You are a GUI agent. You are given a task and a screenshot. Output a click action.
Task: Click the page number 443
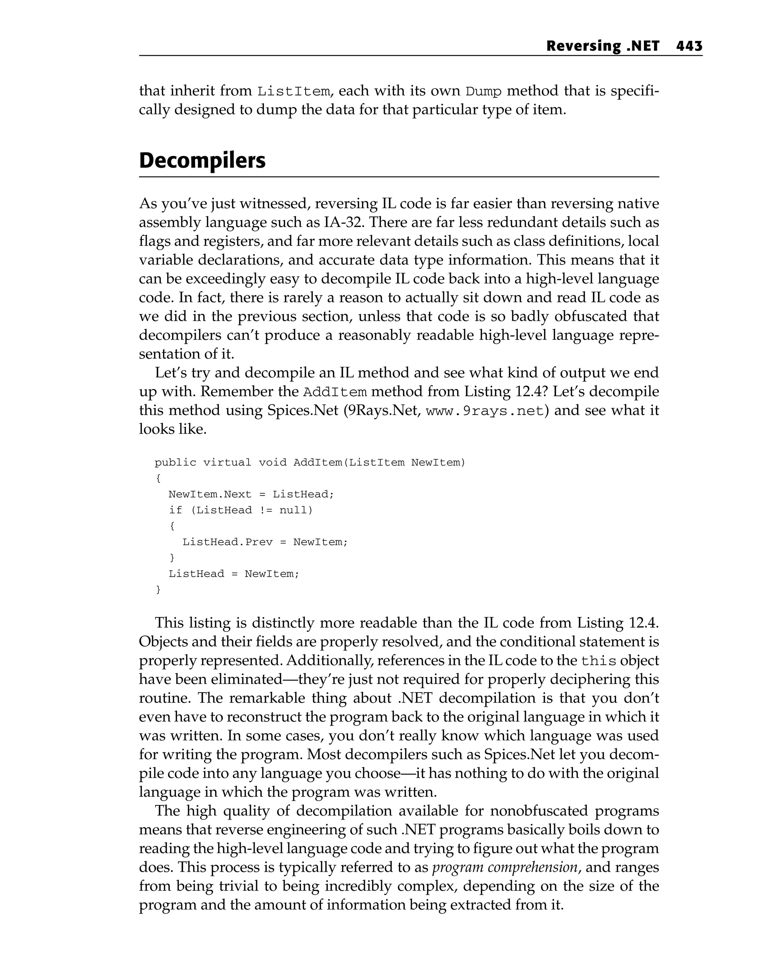coord(689,46)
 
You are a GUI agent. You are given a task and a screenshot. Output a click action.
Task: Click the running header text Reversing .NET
coord(602,46)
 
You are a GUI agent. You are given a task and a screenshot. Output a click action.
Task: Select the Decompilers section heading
coord(202,160)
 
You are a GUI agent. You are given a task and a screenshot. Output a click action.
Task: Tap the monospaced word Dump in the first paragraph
coord(484,91)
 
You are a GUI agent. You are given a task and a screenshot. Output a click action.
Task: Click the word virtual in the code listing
coord(227,462)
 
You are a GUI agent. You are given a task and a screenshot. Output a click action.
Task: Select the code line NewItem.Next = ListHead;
coord(251,494)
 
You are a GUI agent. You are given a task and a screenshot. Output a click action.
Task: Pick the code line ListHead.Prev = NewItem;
coord(265,542)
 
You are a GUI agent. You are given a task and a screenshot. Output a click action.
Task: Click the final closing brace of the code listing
coord(158,590)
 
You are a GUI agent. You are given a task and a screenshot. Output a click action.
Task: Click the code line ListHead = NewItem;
coord(234,574)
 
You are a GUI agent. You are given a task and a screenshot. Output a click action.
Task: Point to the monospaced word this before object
coord(598,661)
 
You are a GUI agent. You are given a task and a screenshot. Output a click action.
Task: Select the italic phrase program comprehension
coord(505,867)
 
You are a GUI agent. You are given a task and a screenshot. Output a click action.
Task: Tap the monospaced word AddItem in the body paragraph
coord(335,392)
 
